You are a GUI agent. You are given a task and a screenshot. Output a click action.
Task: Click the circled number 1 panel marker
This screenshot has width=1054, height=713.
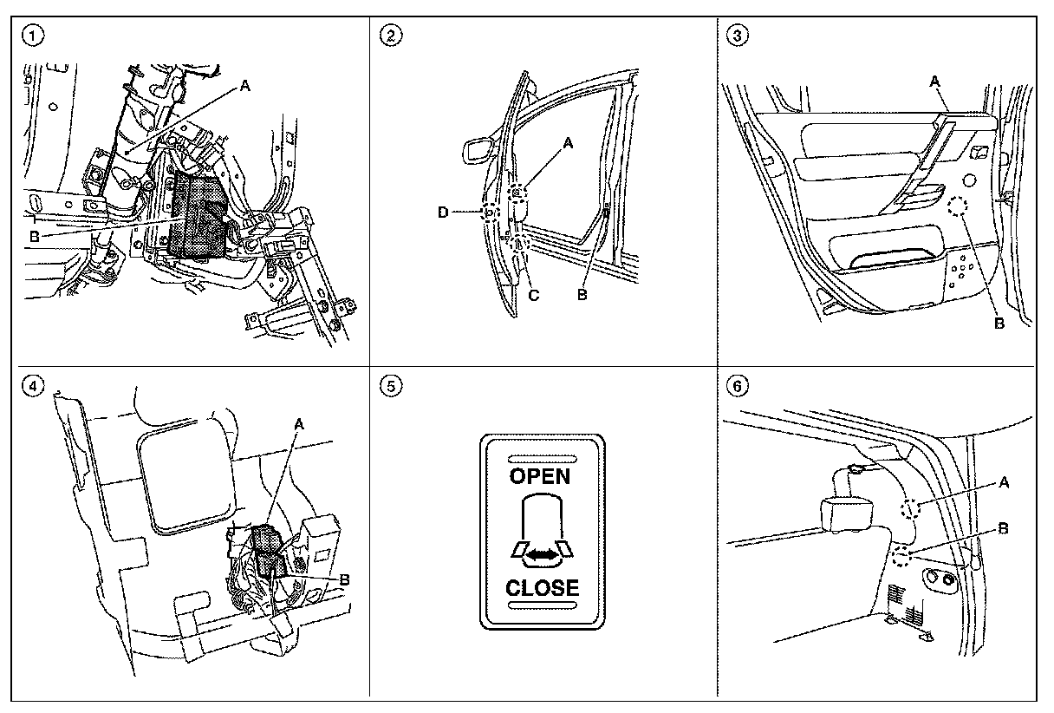click(x=32, y=36)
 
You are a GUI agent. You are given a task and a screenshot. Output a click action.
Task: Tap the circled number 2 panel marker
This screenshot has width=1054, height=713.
click(x=392, y=36)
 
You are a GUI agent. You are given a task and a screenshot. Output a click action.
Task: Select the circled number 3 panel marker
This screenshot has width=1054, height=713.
click(x=738, y=36)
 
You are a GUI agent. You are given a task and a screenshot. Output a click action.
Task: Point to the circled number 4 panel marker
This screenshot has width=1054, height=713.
click(x=32, y=387)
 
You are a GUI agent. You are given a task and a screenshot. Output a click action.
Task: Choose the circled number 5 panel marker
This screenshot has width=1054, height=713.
click(x=392, y=387)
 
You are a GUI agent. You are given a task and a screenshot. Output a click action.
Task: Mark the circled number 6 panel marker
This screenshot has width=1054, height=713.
click(x=738, y=387)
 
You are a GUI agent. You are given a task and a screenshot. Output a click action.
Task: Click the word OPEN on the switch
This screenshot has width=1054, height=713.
click(x=540, y=476)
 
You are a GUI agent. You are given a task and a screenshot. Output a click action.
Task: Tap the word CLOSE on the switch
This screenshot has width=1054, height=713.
click(x=542, y=587)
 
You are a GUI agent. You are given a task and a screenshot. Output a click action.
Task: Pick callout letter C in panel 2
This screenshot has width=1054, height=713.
click(x=534, y=296)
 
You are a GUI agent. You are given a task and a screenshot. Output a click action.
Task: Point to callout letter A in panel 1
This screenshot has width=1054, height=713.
click(x=244, y=86)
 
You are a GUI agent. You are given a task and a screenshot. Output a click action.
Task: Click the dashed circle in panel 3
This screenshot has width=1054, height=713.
click(x=958, y=206)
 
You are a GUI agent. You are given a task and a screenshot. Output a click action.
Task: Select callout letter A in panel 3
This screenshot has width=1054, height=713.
click(x=934, y=81)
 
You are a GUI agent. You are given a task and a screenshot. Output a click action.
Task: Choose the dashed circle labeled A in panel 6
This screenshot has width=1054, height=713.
click(x=910, y=509)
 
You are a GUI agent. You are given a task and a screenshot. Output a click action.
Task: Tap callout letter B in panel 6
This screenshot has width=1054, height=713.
click(x=1003, y=528)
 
